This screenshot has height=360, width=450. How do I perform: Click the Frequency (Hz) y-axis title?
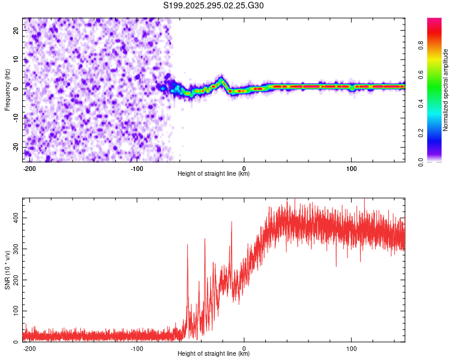tap(7, 89)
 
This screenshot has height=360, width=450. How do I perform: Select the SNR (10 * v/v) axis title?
tap(7, 269)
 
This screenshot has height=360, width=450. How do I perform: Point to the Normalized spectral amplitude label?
tap(445, 90)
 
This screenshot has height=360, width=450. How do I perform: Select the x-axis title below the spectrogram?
tap(214, 174)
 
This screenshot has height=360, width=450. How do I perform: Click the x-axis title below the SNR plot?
tap(214, 354)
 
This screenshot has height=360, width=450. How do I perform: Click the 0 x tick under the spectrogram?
tap(244, 168)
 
